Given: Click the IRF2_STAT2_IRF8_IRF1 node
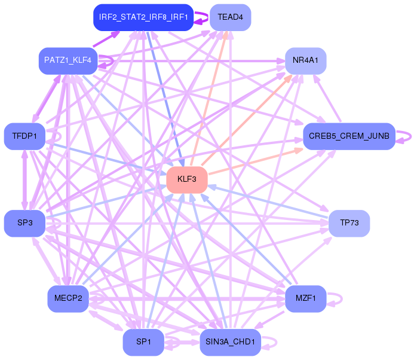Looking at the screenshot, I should [x=143, y=17].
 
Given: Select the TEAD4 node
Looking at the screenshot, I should [x=230, y=17].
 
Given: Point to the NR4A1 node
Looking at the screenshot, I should [x=305, y=60].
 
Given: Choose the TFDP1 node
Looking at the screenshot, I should [x=24, y=137].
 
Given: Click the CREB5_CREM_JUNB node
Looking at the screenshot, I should [x=349, y=137].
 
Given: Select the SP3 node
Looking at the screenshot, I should [x=24, y=223].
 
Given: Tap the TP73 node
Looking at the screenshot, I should [x=349, y=223].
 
